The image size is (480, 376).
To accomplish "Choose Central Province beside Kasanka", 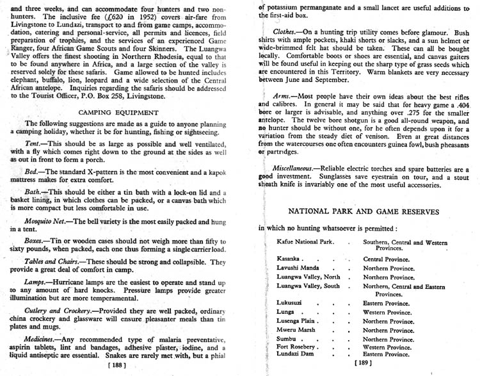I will point(388,258).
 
